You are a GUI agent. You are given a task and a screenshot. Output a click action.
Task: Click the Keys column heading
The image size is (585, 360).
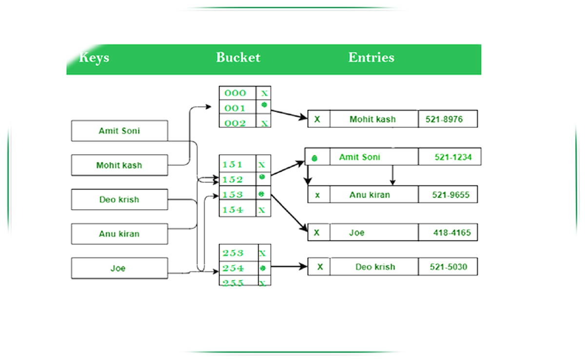[94, 58]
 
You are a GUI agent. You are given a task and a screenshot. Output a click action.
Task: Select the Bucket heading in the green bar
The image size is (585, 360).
[238, 58]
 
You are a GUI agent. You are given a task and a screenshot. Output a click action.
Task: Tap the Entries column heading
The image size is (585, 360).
[371, 58]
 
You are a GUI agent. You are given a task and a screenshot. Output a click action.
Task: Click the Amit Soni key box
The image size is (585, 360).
[119, 131]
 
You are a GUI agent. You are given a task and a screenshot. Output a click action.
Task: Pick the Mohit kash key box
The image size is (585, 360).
[119, 165]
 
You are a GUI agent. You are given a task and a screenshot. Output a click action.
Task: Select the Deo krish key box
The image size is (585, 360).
[119, 200]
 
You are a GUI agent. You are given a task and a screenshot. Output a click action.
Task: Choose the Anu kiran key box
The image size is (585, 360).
[119, 234]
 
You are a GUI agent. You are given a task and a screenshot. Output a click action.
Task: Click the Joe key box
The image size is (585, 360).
[119, 268]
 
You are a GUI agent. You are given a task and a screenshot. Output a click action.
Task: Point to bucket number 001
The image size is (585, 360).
[235, 108]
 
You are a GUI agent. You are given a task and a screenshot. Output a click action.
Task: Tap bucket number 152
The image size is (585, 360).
[233, 180]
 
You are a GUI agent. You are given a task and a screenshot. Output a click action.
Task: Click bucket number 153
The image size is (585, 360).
[233, 195]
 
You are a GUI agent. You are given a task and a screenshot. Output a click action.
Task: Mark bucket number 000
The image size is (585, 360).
[235, 93]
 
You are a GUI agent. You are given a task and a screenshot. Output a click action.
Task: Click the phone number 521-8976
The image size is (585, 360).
[447, 119]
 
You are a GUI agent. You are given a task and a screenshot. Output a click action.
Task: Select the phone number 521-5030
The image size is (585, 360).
[447, 267]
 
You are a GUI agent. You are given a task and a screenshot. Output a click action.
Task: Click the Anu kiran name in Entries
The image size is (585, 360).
[370, 195]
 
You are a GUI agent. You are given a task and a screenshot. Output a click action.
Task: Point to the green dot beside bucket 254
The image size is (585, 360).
[263, 268]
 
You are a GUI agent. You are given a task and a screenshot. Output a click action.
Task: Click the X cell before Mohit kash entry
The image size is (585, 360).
[317, 119]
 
